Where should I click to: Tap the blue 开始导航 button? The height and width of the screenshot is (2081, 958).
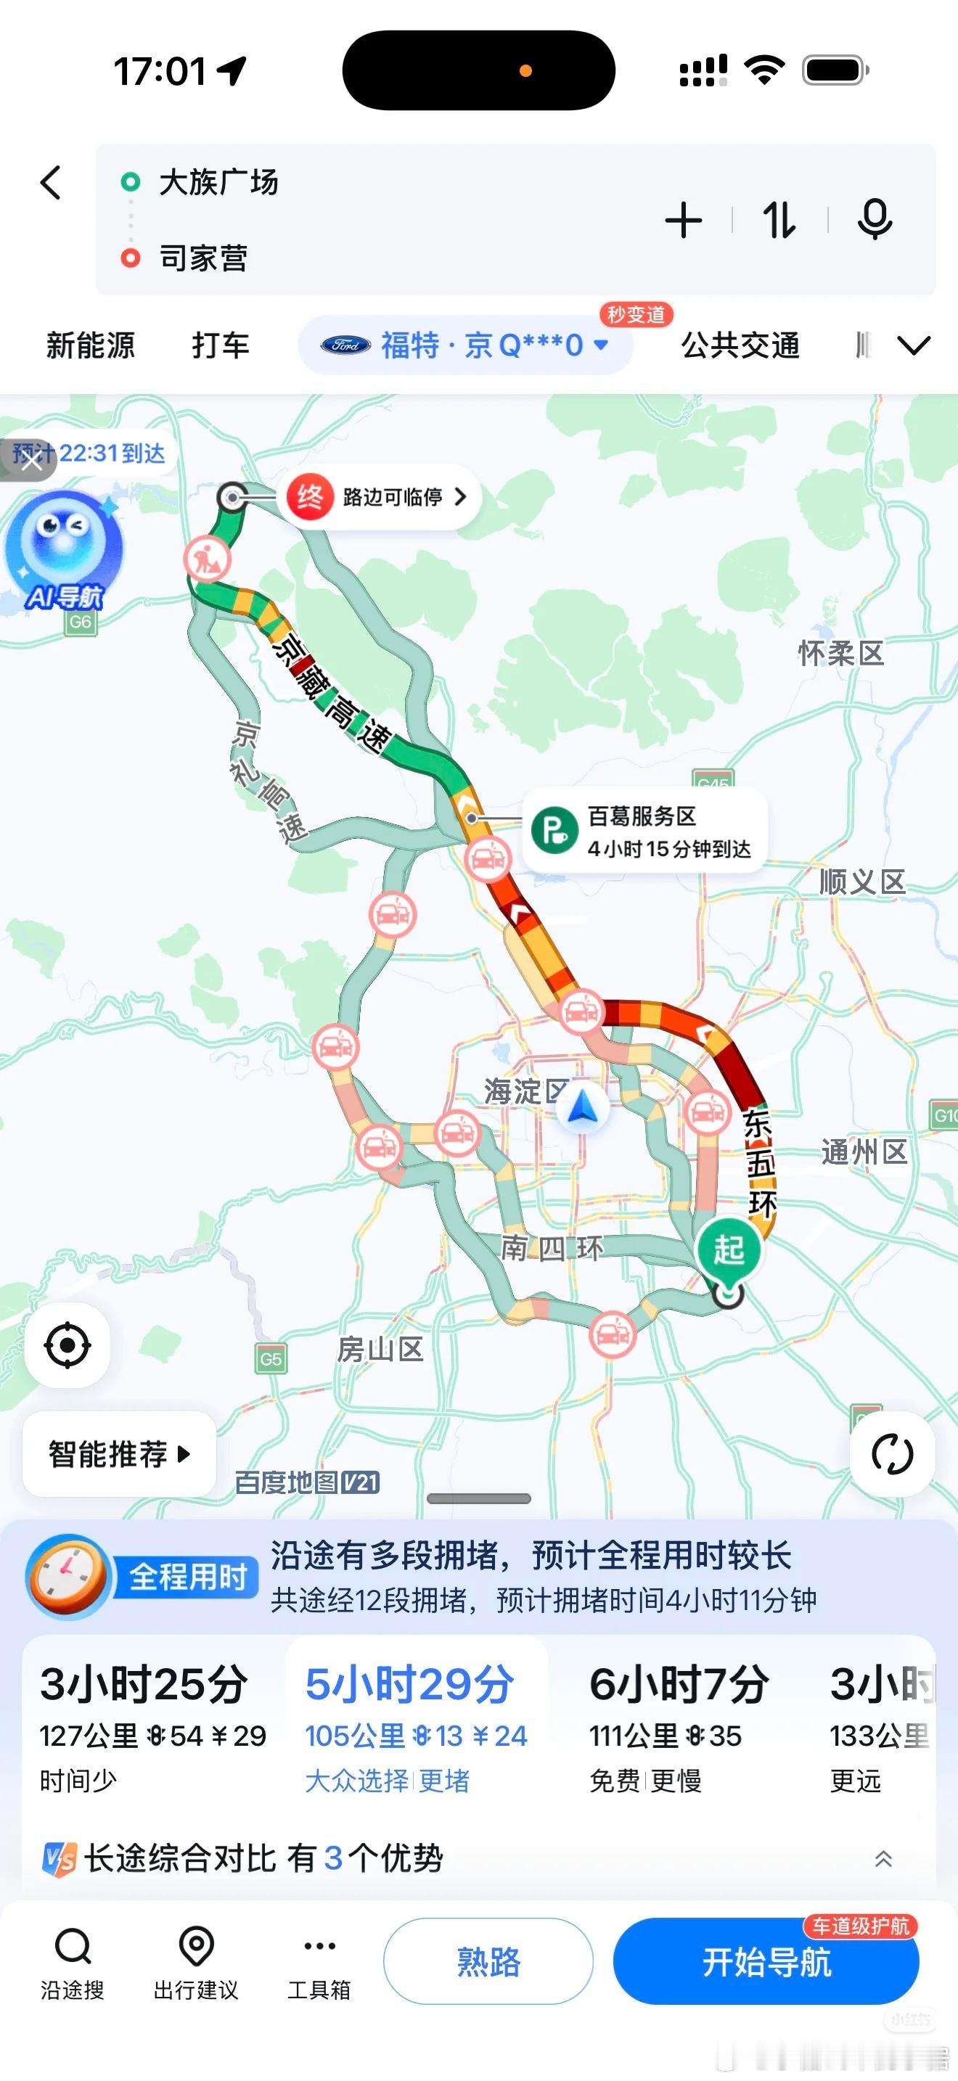point(766,1962)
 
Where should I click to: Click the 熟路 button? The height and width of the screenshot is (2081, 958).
point(488,1962)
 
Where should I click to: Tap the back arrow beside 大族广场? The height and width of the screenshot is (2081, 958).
point(51,183)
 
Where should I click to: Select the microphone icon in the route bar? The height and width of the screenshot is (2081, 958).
point(874,220)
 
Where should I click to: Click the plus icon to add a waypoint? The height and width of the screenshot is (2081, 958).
point(684,221)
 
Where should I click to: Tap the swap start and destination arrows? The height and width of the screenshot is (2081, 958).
point(779,221)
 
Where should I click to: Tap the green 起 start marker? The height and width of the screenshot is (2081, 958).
point(729,1249)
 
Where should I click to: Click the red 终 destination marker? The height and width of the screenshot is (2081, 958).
point(310,497)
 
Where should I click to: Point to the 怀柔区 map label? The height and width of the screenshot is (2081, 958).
point(841,653)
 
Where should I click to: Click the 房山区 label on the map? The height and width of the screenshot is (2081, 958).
point(380,1348)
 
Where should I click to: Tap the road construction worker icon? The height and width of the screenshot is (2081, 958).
point(207,559)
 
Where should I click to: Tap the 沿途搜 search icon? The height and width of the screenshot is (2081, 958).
point(73,1961)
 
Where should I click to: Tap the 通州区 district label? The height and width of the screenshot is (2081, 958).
point(864,1152)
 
